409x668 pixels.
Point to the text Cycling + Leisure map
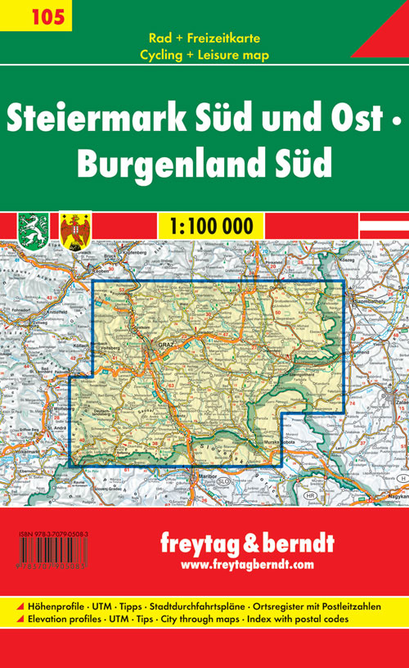point(204,56)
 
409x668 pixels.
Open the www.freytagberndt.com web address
point(246,565)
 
